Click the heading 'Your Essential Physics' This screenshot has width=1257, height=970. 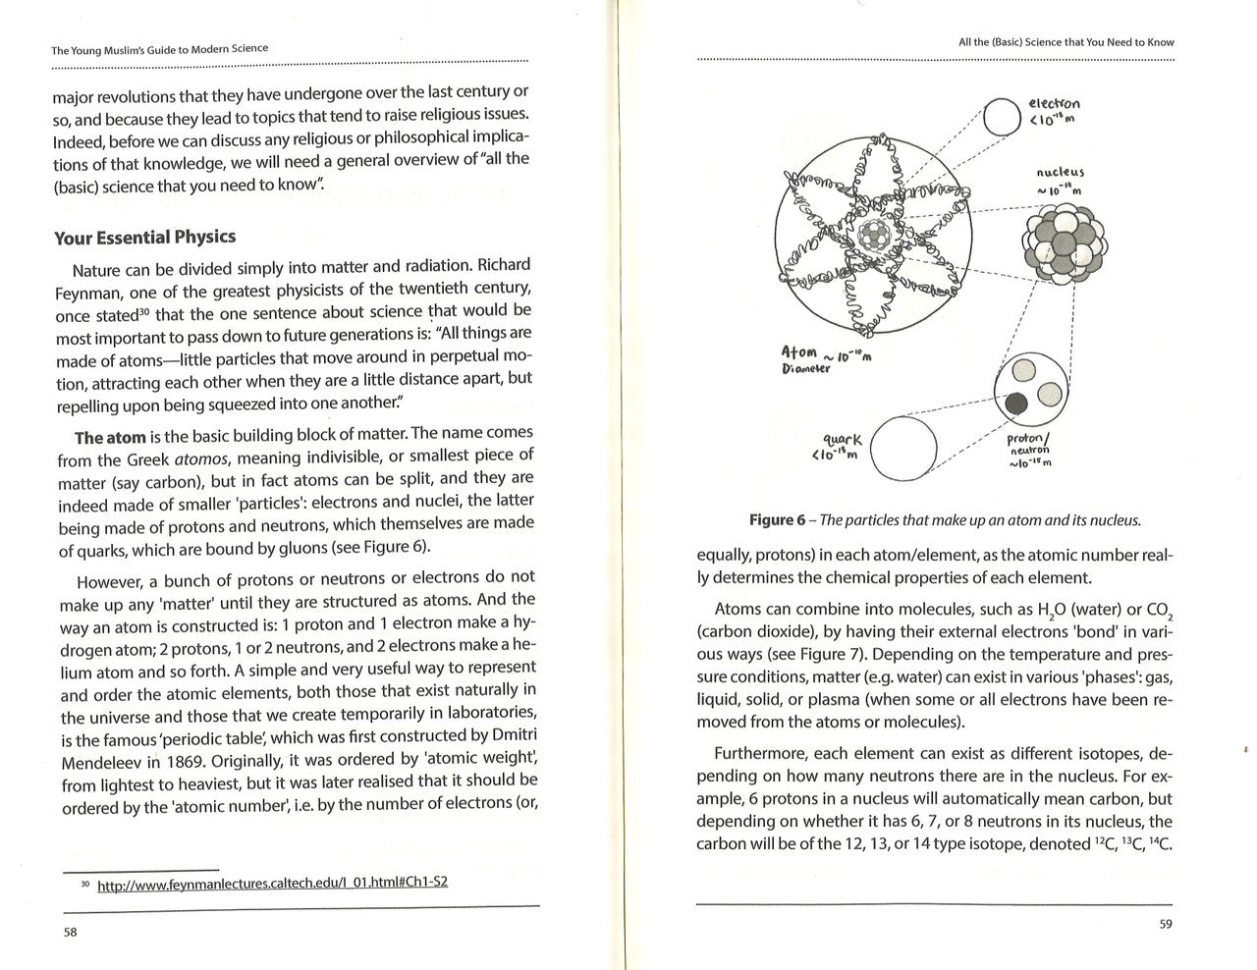(144, 238)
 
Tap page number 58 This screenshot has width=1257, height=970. (71, 932)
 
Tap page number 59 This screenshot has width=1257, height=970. (1166, 924)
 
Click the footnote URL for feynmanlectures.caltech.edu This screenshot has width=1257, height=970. (272, 883)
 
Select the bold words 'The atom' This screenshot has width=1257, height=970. (110, 438)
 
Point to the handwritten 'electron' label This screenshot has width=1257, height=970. (1054, 103)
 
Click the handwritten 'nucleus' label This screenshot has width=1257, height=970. (1061, 173)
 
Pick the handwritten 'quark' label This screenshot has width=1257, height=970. (843, 440)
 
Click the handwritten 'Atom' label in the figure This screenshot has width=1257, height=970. (799, 351)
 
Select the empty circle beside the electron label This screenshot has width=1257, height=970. (1003, 117)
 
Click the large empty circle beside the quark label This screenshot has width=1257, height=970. (903, 448)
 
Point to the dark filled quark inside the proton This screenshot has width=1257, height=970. (1017, 401)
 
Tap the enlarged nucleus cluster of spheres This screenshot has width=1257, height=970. (1065, 243)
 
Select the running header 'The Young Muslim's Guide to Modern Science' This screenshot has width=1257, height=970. (159, 49)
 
